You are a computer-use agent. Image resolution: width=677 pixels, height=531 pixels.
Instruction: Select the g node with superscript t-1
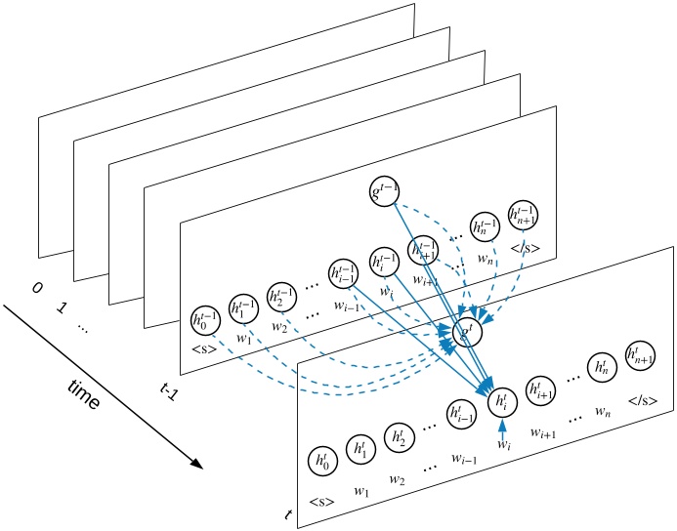click(x=383, y=190)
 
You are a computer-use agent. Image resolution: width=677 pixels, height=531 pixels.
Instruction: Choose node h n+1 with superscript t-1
click(x=524, y=215)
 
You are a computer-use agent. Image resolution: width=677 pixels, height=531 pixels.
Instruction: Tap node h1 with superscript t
click(x=360, y=449)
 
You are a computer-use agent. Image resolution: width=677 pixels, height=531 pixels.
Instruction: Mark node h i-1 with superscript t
click(x=461, y=413)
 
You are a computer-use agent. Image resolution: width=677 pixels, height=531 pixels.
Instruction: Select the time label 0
click(x=37, y=288)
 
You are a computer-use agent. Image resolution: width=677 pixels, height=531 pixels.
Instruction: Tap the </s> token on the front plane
click(x=641, y=399)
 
